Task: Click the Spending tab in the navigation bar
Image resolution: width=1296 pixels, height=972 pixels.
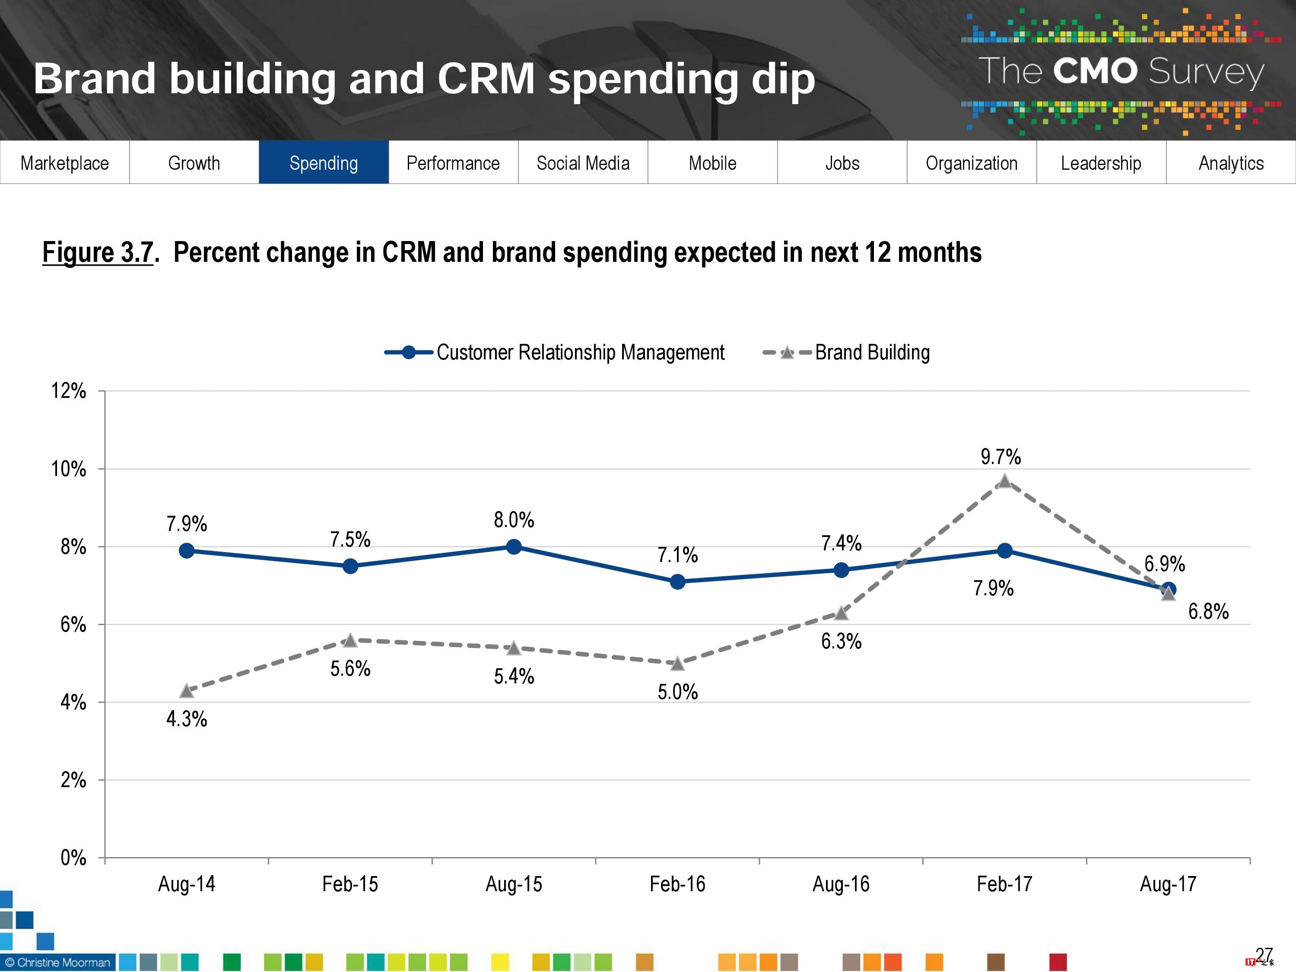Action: coord(324,163)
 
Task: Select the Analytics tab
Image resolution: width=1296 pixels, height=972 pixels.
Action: coord(1230,163)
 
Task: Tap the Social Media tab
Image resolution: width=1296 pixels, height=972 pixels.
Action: coord(582,163)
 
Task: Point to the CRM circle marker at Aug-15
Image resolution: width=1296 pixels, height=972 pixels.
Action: coord(514,546)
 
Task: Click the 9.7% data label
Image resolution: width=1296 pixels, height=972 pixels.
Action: coord(1001,457)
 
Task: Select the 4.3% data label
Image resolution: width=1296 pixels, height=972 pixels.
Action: coord(186,719)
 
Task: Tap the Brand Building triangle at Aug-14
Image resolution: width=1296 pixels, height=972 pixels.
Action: coord(186,691)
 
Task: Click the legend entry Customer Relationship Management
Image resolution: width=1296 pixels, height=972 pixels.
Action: coord(580,352)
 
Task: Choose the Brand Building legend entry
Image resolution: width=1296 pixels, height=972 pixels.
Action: coord(872,352)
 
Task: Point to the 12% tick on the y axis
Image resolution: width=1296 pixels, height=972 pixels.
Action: coord(69,391)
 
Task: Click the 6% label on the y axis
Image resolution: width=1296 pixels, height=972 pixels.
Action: coord(73,625)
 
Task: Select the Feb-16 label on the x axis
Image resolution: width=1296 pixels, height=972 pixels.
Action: coord(677,883)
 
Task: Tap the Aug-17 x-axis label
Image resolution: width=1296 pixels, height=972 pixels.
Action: coord(1168,883)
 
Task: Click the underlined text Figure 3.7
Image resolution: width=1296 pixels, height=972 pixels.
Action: coord(98,253)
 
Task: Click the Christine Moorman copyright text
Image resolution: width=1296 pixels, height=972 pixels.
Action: coord(57,962)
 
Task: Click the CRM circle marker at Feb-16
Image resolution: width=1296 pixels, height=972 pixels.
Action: coord(677,582)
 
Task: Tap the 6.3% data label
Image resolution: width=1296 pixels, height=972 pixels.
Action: coord(841,642)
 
